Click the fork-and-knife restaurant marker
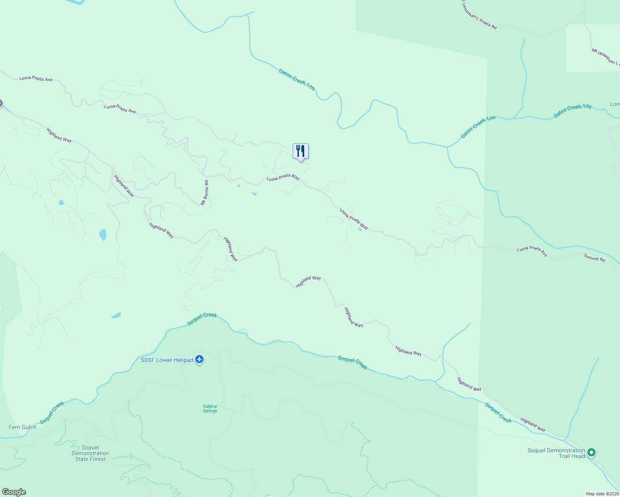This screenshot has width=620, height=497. point(300,152)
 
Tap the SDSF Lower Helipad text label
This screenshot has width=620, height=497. point(167,360)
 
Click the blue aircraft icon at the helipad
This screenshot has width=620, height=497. point(199,359)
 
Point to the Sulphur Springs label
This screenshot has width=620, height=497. point(210,408)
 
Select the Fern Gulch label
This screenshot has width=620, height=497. point(22,427)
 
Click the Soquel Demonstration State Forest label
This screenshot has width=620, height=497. point(90,453)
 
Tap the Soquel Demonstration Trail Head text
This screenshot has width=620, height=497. point(556,453)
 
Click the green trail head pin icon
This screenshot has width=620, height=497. point(592,453)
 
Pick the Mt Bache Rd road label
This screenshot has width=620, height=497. point(204,193)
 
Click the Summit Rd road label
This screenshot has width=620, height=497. point(594,258)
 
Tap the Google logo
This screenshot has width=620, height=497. point(14,492)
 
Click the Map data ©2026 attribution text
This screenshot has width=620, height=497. point(602,494)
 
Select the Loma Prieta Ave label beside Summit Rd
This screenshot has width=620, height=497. point(532,251)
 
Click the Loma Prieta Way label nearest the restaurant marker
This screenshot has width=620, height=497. point(283,177)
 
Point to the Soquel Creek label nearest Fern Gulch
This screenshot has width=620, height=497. point(52,413)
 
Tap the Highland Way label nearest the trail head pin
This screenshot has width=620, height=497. point(533,424)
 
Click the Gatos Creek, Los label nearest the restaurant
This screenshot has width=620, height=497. point(296,79)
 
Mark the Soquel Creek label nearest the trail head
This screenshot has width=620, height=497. point(499,413)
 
